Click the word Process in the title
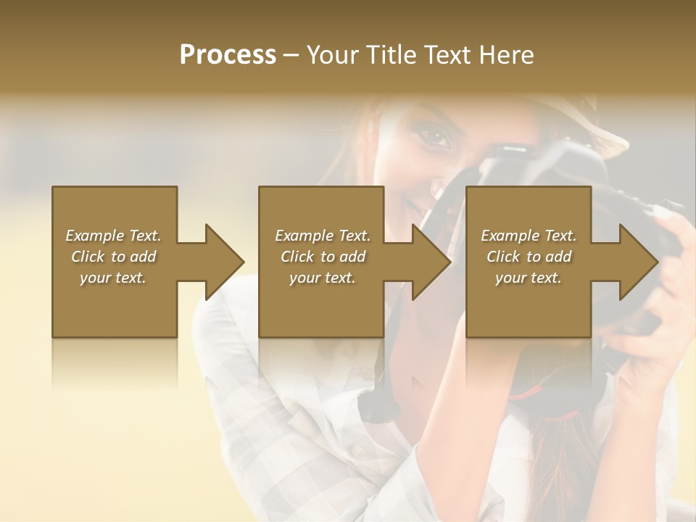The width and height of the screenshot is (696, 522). (228, 55)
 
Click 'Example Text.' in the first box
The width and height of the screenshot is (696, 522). (113, 236)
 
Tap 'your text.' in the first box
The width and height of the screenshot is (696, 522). (113, 278)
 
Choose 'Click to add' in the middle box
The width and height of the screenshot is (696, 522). (323, 257)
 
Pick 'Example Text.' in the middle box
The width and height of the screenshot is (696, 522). (323, 236)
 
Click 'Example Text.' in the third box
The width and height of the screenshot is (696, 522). (529, 236)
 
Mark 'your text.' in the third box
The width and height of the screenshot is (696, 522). (529, 278)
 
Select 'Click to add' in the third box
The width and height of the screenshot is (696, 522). (529, 257)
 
